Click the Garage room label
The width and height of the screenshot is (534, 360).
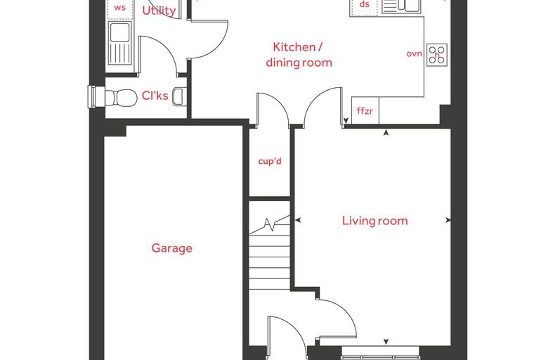171,248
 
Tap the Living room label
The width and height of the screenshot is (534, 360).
375,221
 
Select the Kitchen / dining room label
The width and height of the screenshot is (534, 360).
299,55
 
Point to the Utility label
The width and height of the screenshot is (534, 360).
159,11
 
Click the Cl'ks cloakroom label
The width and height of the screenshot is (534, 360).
155,96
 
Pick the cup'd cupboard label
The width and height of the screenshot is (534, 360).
270,161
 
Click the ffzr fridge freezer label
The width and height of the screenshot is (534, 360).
365,111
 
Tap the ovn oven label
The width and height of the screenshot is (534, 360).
414,54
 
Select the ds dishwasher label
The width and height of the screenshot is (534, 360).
365,4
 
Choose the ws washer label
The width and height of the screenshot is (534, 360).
119,8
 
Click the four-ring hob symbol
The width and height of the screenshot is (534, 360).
437,55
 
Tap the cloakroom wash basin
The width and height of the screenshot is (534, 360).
178,96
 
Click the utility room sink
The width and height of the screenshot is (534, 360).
120,43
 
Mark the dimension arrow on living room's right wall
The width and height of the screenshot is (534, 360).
448,220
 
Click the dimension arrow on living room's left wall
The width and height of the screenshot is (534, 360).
298,221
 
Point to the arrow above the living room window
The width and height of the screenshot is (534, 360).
386,341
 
